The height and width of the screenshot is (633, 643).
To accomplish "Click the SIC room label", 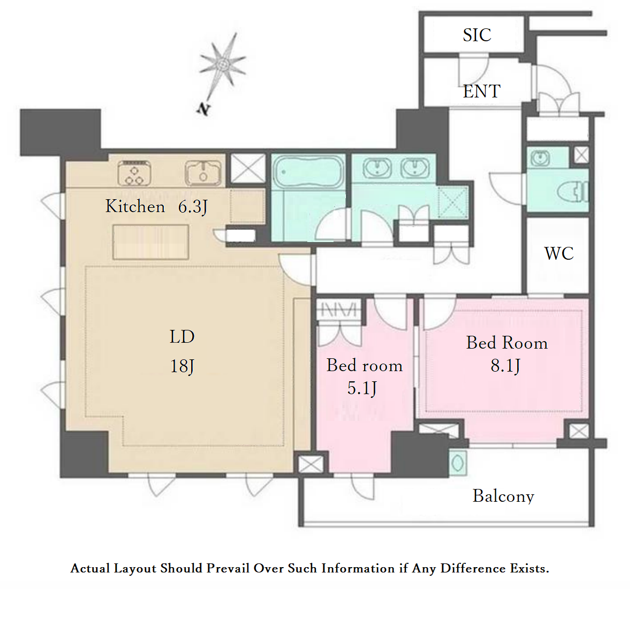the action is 477,35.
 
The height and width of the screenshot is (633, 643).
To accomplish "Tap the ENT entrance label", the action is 481,91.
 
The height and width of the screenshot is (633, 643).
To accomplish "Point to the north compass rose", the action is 223,64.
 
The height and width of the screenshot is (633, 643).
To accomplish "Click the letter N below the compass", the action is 203,109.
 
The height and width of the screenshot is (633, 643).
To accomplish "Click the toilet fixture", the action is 572,192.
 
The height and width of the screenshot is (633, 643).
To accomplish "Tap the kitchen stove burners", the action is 134,173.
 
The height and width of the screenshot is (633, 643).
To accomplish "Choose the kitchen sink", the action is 203,174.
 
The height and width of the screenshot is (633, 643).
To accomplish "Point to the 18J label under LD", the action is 182,366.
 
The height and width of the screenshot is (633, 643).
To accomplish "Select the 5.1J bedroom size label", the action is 362,388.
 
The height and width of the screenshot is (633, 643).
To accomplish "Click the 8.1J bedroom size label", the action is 505,366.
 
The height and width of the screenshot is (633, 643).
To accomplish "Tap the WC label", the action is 559,253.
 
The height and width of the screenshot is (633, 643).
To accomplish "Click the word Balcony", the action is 503,496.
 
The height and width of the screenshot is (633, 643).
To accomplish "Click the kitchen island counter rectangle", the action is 151,242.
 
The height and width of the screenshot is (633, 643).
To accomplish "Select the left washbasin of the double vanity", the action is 377,168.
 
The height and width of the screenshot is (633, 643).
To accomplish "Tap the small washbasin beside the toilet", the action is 540,158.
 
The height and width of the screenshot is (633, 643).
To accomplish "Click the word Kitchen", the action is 135,206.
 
